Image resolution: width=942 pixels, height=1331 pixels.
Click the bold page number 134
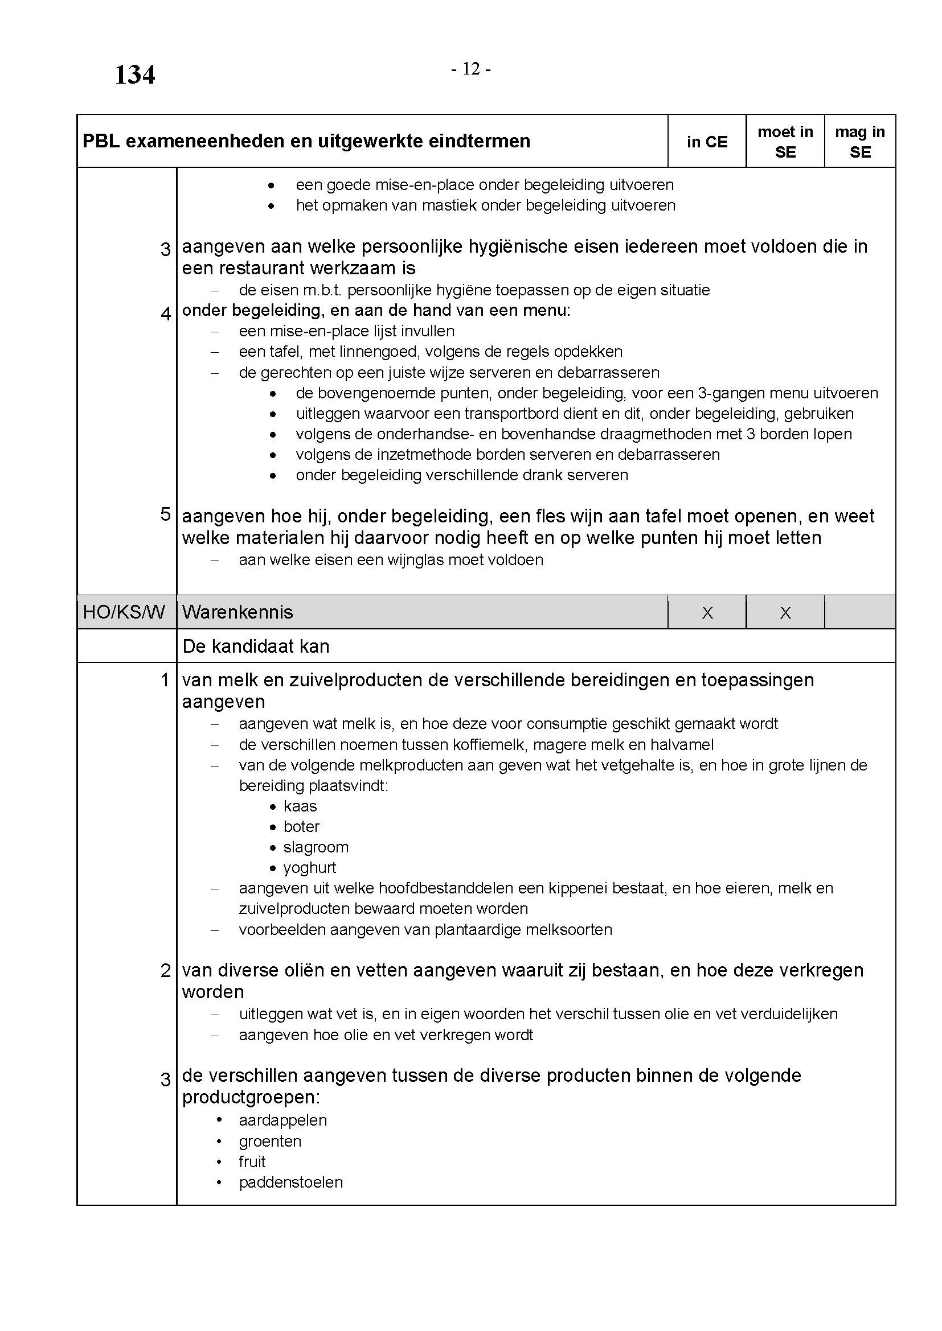[134, 75]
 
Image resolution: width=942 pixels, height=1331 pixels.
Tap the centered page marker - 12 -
[471, 69]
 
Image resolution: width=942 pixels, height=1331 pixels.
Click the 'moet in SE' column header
[785, 142]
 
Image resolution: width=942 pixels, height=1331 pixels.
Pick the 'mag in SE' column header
[859, 142]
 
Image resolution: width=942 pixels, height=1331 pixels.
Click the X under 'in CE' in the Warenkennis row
[707, 613]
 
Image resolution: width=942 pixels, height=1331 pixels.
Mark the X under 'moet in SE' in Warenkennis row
[785, 613]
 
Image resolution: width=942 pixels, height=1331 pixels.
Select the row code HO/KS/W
[124, 612]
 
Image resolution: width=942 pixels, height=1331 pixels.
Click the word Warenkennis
[237, 612]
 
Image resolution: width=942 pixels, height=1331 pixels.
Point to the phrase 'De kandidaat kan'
[256, 646]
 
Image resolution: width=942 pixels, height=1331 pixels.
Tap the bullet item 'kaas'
[300, 806]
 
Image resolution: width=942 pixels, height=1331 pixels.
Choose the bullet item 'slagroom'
[316, 847]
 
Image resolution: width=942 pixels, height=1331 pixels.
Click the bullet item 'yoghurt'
[310, 868]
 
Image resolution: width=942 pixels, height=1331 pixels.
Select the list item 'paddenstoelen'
[290, 1182]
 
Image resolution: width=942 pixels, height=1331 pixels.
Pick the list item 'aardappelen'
[282, 1120]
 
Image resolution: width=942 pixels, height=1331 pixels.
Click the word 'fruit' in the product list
[252, 1162]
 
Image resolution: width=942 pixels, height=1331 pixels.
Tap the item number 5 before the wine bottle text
[165, 514]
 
